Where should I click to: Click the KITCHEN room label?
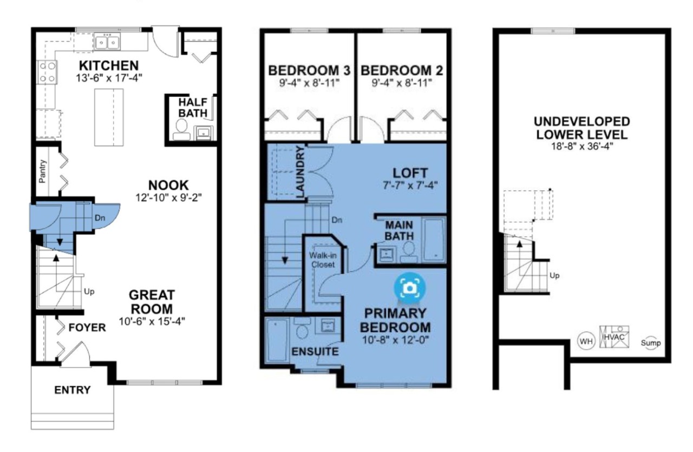pyautogui.click(x=109, y=66)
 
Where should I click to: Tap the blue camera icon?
pyautogui.click(x=410, y=288)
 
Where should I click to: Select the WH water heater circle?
pyautogui.click(x=586, y=341)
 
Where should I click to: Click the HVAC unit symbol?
pyautogui.click(x=614, y=337)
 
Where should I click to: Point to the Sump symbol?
pyautogui.click(x=651, y=343)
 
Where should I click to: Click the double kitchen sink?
pyautogui.click(x=107, y=43)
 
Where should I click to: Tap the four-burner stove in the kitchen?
pyautogui.click(x=47, y=72)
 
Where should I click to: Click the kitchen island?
pyautogui.click(x=109, y=117)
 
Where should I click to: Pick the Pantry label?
pyautogui.click(x=42, y=171)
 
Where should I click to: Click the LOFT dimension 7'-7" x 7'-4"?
pyautogui.click(x=410, y=185)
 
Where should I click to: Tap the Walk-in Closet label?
pyautogui.click(x=323, y=260)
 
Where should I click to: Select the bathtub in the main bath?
pyautogui.click(x=434, y=240)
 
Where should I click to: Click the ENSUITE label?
pyautogui.click(x=315, y=351)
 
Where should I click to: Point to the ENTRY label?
pyautogui.click(x=73, y=390)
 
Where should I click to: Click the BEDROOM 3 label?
pyautogui.click(x=309, y=70)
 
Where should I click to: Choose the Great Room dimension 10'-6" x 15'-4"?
pyautogui.click(x=152, y=321)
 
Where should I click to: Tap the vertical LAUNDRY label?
pyautogui.click(x=300, y=172)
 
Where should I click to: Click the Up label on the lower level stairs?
pyautogui.click(x=554, y=275)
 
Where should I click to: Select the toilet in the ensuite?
pyautogui.click(x=302, y=329)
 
